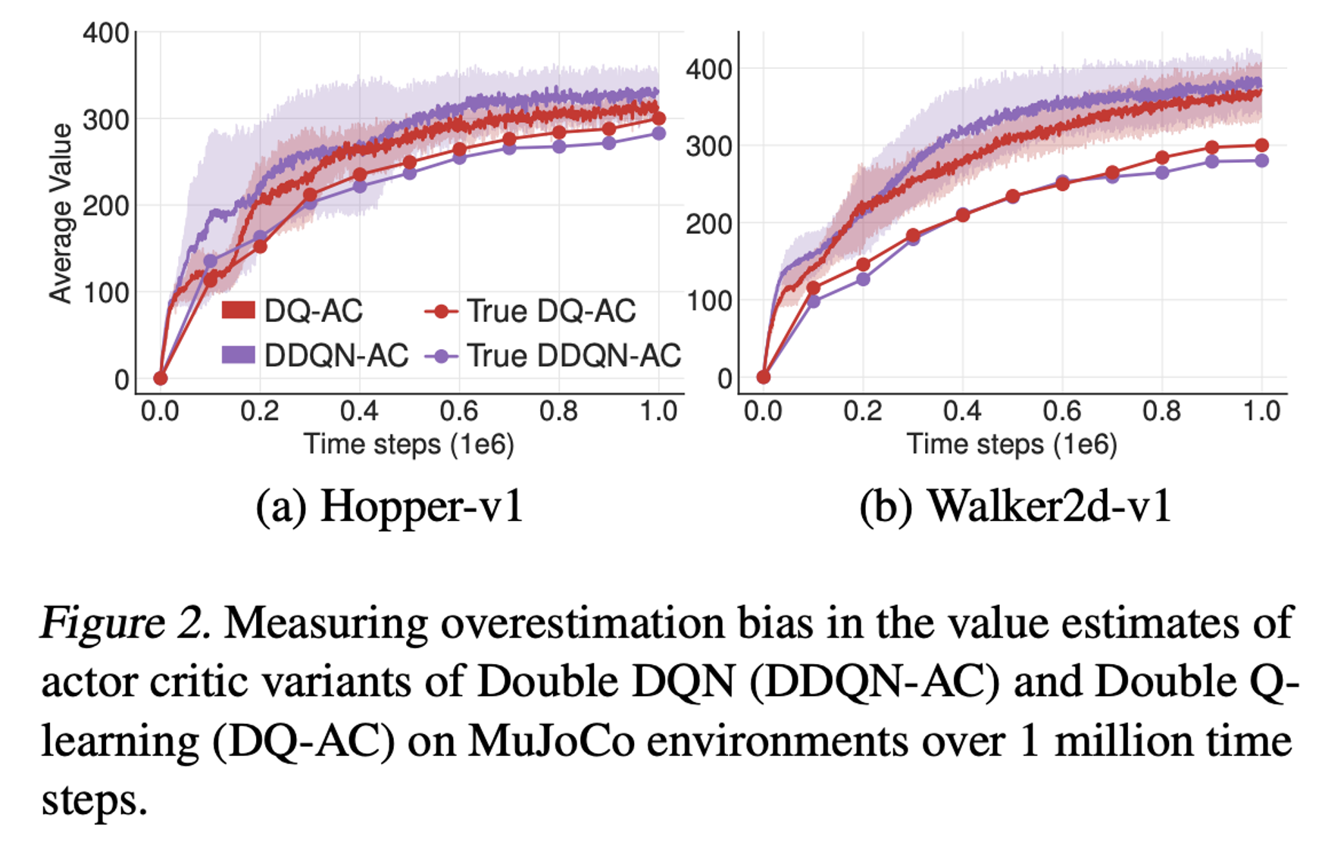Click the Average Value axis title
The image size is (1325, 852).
pos(61,214)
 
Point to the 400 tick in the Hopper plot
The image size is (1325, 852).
pos(105,33)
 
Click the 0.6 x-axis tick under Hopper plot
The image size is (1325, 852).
pos(459,411)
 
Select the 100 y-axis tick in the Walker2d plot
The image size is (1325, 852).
pos(709,301)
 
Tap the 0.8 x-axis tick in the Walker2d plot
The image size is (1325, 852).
pos(1162,411)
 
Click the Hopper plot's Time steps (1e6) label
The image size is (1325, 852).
pos(409,444)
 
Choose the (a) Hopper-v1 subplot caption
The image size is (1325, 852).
pos(389,507)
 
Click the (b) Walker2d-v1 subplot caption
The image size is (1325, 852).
pos(1015,507)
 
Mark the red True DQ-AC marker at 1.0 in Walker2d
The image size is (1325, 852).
pos(1261,145)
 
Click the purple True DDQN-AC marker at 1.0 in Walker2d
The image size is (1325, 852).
pos(1261,161)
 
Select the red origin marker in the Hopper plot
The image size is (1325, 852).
pos(160,378)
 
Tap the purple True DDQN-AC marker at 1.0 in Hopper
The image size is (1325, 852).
pos(658,133)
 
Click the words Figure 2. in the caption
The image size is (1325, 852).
pos(126,624)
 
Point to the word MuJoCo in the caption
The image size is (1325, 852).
pos(551,741)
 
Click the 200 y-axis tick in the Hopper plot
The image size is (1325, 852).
pos(105,206)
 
